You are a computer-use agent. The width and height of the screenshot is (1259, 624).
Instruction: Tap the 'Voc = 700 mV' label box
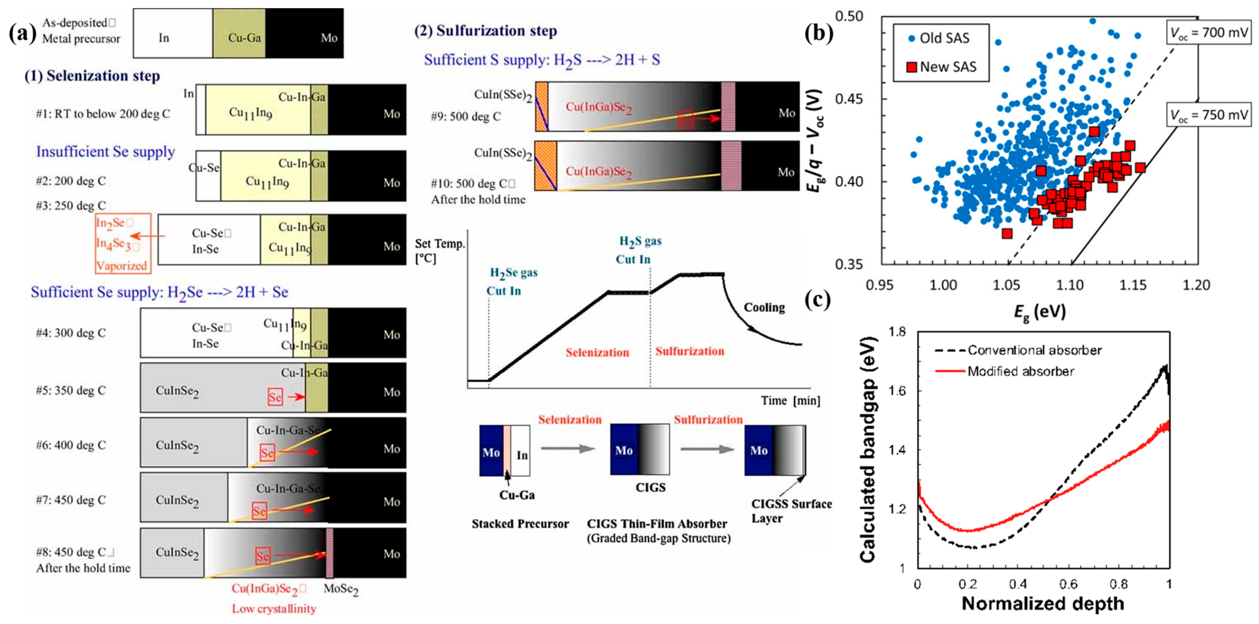pyautogui.click(x=1208, y=33)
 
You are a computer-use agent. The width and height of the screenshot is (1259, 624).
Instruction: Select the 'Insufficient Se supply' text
pyautogui.click(x=106, y=152)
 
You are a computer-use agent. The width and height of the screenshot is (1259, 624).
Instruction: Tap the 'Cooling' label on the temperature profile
pyautogui.click(x=764, y=307)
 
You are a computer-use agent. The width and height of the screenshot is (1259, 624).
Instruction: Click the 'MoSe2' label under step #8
pyautogui.click(x=341, y=589)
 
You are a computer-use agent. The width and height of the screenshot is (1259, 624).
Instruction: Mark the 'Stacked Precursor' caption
pyautogui.click(x=520, y=524)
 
